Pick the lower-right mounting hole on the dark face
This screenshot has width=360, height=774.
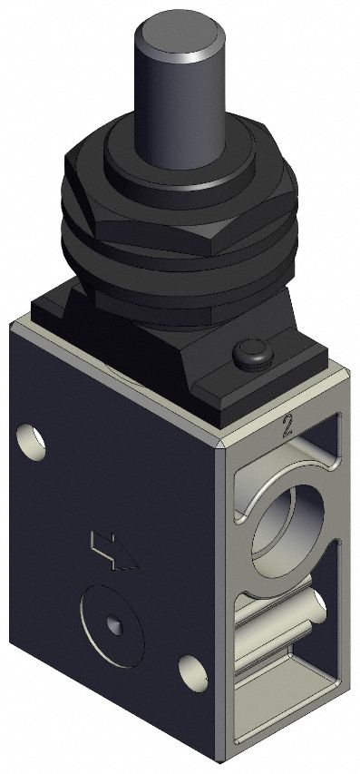(x=191, y=672)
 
